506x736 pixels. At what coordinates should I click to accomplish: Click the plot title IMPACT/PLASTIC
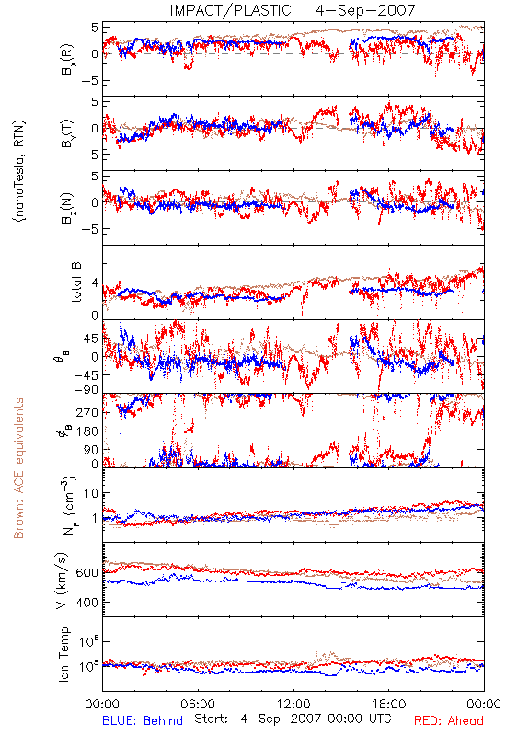[231, 10]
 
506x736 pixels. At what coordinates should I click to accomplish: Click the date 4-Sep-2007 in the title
[365, 10]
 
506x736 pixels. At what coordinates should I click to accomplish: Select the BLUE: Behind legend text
[143, 720]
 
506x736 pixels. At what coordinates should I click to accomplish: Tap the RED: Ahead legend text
[449, 720]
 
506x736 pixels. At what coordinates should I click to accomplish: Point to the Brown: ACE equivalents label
[18, 468]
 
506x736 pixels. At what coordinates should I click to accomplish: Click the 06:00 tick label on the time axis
[198, 704]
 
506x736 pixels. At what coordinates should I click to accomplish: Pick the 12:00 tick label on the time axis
[293, 704]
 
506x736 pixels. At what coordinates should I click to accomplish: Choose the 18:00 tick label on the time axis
[389, 704]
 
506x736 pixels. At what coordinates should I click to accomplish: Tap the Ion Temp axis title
[63, 654]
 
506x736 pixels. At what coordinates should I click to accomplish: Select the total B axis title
[76, 282]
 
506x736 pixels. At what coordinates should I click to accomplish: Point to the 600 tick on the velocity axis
[87, 573]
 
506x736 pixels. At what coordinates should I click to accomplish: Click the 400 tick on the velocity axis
[87, 603]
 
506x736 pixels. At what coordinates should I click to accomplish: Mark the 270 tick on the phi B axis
[87, 412]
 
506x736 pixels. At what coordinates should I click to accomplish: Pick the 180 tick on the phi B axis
[87, 431]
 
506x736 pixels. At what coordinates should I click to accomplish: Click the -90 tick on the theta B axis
[86, 389]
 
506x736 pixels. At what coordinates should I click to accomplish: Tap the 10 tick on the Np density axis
[91, 494]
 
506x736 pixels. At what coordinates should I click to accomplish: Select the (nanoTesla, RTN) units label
[19, 171]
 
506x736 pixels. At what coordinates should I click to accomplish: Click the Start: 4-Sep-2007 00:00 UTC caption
[293, 719]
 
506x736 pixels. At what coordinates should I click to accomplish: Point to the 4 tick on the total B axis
[96, 283]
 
